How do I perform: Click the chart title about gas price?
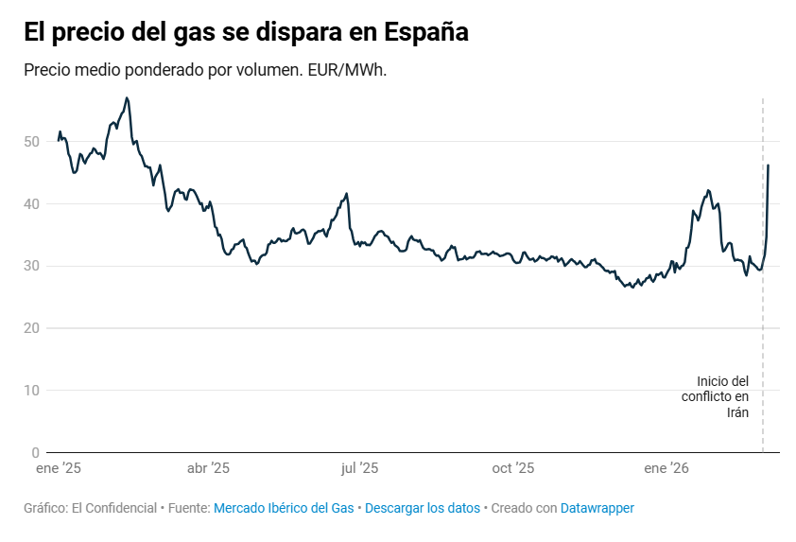point(246,32)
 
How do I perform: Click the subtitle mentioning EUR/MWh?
point(205,71)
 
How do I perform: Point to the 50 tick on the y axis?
point(32,142)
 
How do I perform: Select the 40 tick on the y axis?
point(32,203)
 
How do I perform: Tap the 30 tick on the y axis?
point(32,266)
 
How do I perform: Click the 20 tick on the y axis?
point(32,328)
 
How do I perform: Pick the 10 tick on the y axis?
point(32,390)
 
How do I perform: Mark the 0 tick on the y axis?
point(36,452)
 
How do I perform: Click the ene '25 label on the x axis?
point(60,468)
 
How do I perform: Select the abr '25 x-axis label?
point(208,468)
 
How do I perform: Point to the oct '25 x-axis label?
point(513,468)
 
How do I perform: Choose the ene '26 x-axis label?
point(666,468)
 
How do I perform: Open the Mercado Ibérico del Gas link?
point(284,508)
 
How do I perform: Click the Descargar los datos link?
point(423,508)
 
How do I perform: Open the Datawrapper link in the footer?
point(597,508)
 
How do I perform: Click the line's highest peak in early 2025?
point(127,97)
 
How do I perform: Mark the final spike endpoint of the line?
point(768,166)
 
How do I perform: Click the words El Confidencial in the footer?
point(114,508)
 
